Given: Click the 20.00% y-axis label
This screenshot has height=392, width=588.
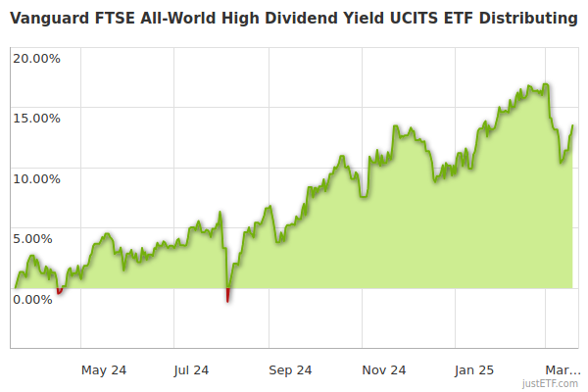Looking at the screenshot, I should click(36, 58).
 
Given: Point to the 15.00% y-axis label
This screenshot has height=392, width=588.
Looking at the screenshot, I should click(36, 119).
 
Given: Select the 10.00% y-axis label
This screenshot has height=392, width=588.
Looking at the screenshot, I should click(36, 178).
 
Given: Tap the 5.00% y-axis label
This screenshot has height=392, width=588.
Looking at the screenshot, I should click(39, 238).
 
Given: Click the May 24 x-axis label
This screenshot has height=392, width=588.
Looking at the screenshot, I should click(104, 370).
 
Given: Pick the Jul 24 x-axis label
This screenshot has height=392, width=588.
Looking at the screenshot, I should click(190, 370).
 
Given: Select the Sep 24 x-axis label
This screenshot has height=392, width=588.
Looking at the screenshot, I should click(289, 370).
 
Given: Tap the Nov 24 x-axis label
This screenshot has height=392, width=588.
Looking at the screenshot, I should click(383, 370).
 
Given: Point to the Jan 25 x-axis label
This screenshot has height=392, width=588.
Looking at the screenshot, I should click(475, 370).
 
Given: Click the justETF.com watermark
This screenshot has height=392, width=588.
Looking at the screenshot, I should click(551, 385).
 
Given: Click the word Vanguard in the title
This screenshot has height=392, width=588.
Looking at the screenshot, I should click(50, 19).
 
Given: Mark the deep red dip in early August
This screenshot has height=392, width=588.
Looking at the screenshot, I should click(227, 296).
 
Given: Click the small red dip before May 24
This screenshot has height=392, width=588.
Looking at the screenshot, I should click(59, 291).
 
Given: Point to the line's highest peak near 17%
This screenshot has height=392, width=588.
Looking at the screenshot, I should click(544, 85).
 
